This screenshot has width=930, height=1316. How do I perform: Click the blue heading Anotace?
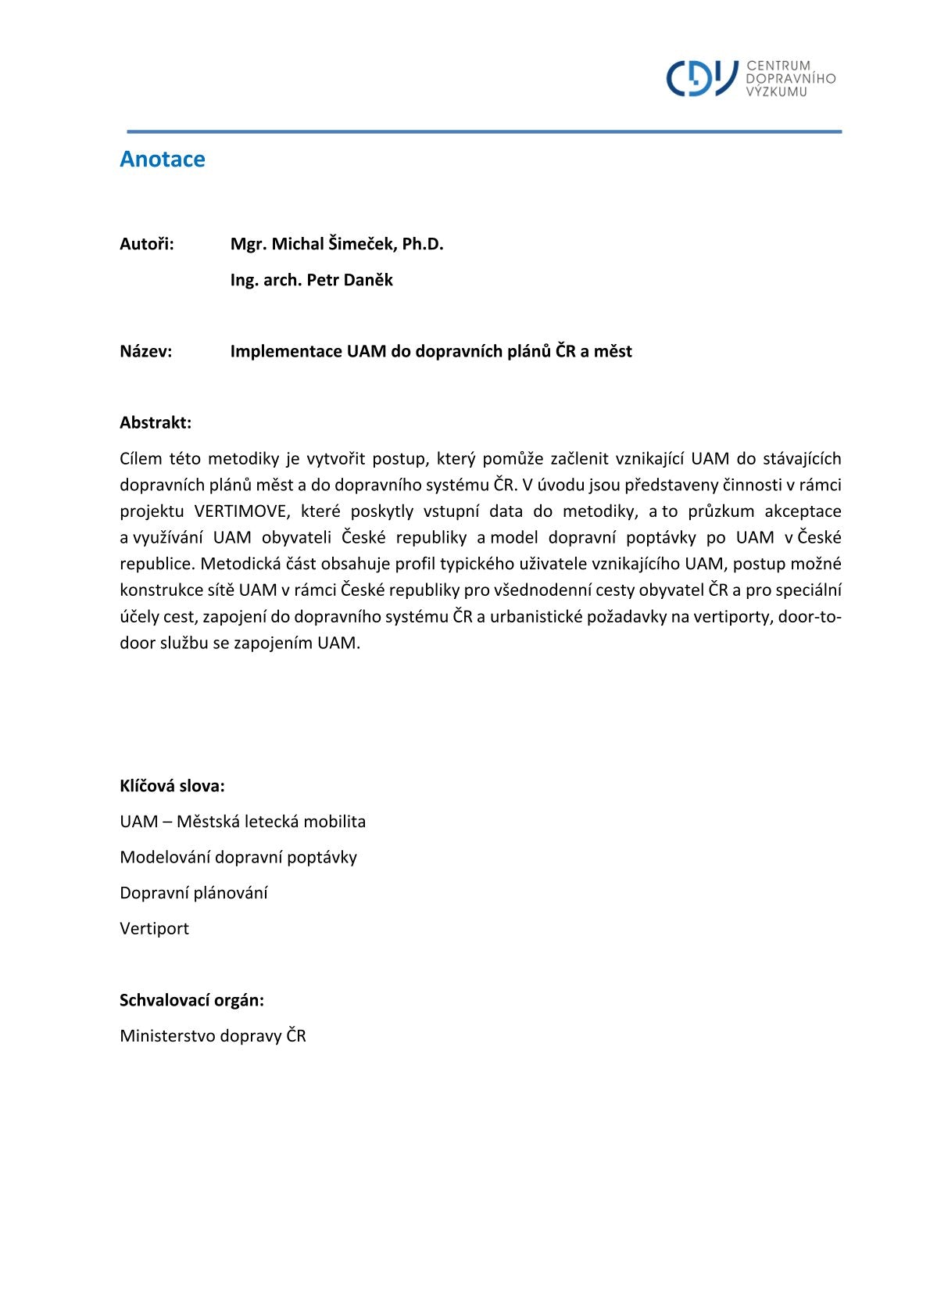(x=163, y=159)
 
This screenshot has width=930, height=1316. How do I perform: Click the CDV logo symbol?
(x=701, y=78)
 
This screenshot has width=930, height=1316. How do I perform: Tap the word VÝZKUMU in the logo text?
(x=776, y=91)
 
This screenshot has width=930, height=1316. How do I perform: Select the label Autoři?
(x=147, y=244)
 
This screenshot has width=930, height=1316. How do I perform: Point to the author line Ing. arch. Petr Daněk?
(x=311, y=280)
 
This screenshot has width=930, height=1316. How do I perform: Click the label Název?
(x=146, y=351)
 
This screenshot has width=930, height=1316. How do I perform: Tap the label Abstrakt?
(x=156, y=422)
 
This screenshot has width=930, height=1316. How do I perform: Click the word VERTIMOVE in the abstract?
(x=241, y=511)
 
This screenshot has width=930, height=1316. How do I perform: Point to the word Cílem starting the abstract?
(x=140, y=458)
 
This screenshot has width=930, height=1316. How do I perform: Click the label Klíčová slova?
(x=172, y=786)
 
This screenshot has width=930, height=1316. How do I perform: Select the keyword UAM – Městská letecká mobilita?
(x=242, y=821)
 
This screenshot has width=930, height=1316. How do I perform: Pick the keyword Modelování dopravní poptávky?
(x=238, y=857)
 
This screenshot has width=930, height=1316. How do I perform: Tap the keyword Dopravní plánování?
(x=194, y=892)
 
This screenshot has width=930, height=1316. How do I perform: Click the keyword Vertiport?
(x=155, y=928)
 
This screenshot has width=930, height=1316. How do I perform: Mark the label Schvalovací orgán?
(x=191, y=999)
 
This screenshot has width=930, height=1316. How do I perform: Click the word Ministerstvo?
(x=167, y=1035)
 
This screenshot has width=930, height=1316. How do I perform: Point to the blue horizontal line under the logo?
(x=484, y=131)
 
